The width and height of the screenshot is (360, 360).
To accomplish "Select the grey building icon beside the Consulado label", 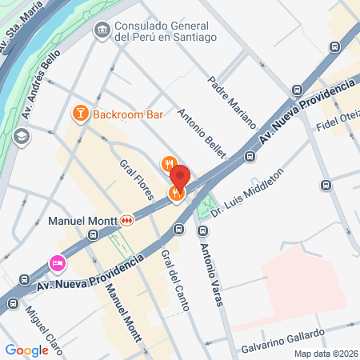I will coord(102,30).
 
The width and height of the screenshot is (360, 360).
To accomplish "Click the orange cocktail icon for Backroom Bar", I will coord(80,114).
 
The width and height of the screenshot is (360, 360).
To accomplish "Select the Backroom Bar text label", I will coord(128,114).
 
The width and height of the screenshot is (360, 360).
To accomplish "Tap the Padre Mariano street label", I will coord(231,102).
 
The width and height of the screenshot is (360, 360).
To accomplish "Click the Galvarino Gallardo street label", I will coord(283,342).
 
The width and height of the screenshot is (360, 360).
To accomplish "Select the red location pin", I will coord(179,178).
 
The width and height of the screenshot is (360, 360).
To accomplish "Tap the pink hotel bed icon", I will coord(58,262).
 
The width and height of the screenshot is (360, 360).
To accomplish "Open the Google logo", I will coord(27,350).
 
